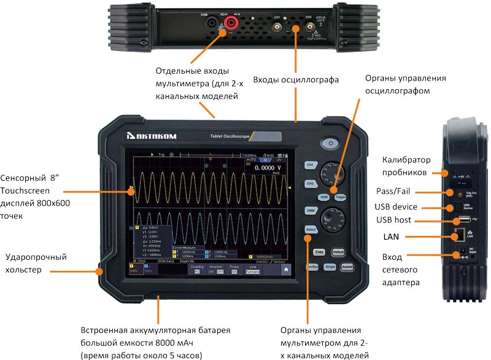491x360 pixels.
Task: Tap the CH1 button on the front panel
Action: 311,165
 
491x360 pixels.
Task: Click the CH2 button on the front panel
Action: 311,183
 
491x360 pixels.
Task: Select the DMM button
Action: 311,211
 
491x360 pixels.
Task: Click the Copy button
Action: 319,252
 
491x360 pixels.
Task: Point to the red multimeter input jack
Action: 232,24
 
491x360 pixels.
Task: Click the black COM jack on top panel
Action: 212,24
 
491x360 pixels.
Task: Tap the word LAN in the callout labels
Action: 391,236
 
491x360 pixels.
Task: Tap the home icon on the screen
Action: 285,268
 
